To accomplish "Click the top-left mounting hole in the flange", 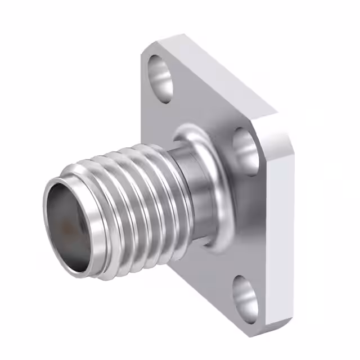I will click(x=160, y=79).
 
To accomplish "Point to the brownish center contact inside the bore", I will click(x=68, y=228).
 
